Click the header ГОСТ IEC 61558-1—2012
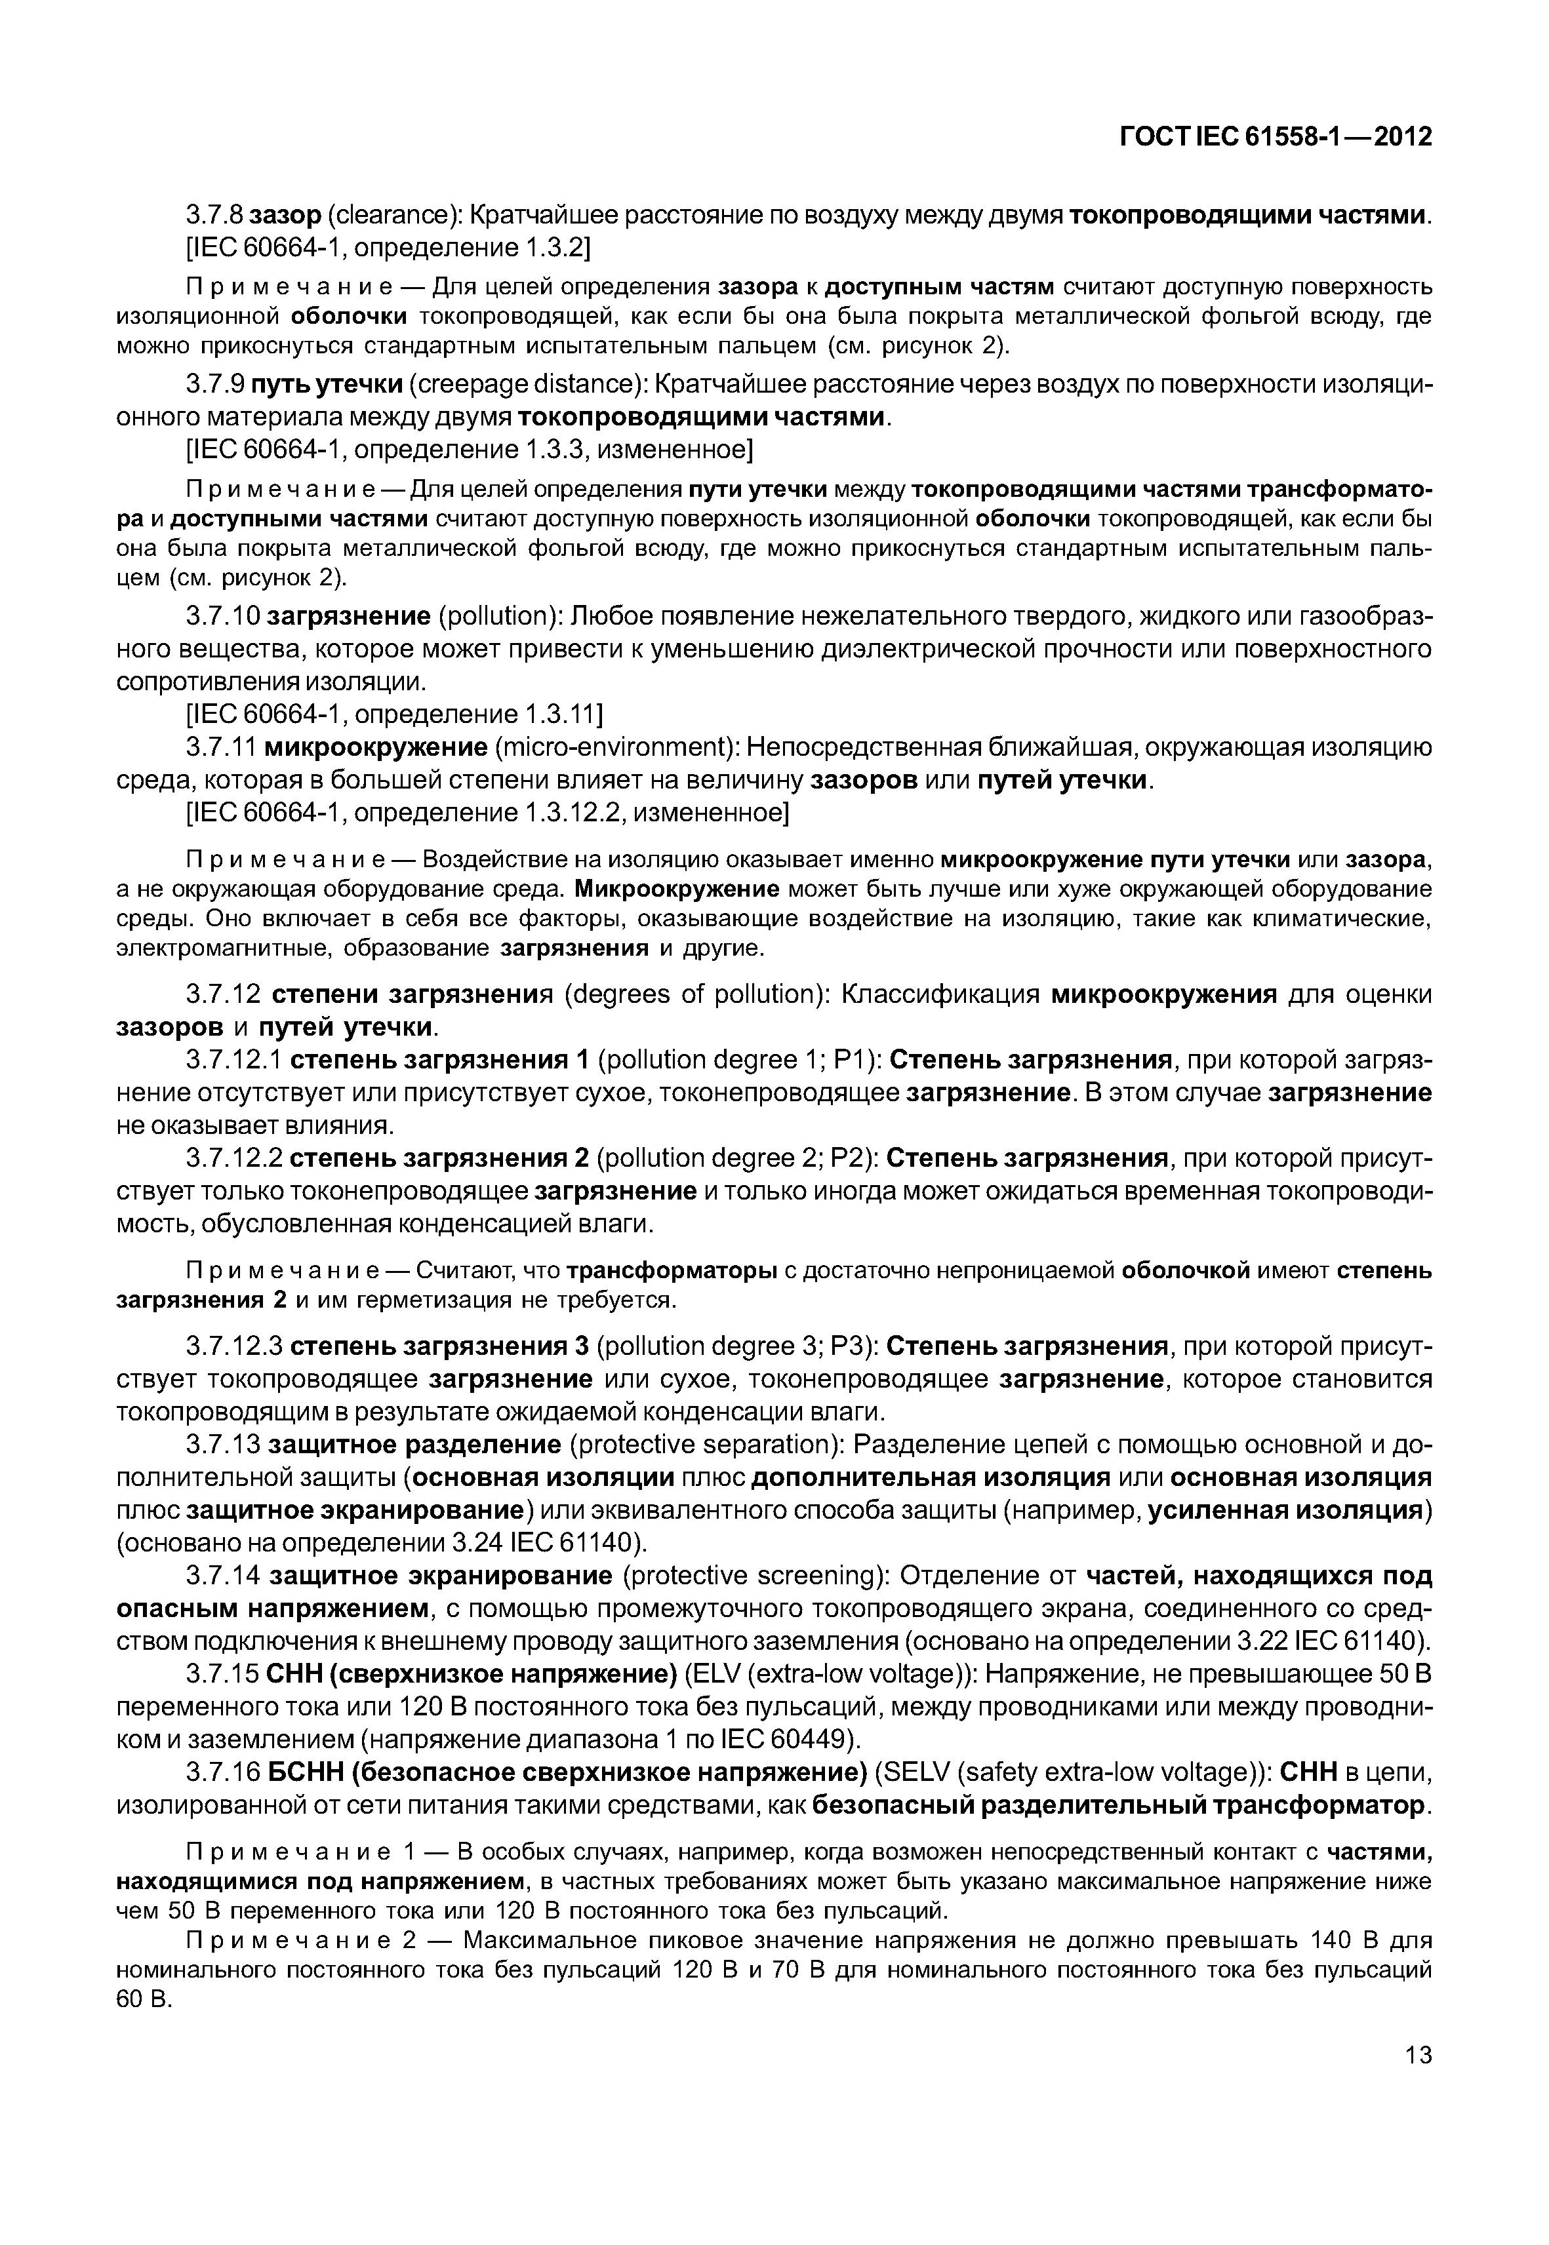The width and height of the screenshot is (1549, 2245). pos(1276,137)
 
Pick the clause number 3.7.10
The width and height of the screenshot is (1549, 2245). pos(222,616)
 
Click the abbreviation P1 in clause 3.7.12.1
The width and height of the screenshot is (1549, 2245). pos(850,1061)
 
